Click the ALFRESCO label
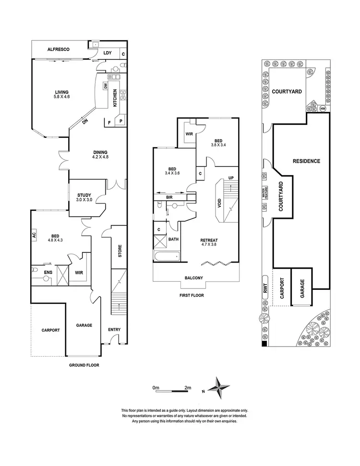pos(59,49)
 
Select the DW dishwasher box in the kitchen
pos(105,86)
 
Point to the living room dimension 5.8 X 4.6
pos(61,97)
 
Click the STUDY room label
pos(84,195)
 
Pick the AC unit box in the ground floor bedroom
pos(35,235)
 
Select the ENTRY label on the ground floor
pos(114,330)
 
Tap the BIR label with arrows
pos(169,197)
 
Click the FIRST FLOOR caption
pos(191,295)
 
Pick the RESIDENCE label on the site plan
pos(306,161)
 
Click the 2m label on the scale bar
pos(187,387)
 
